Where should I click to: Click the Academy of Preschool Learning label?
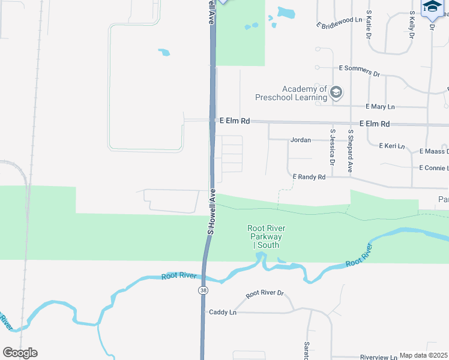pyautogui.click(x=291, y=93)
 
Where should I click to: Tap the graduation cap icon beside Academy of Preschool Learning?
pyautogui.click(x=336, y=92)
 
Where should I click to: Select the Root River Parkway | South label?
pyautogui.click(x=266, y=236)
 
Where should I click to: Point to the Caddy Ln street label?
pyautogui.click(x=223, y=313)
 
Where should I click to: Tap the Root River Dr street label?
pyautogui.click(x=264, y=293)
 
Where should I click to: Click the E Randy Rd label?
pyautogui.click(x=309, y=177)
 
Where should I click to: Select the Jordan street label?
pyautogui.click(x=301, y=140)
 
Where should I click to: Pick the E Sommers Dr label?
pyautogui.click(x=360, y=71)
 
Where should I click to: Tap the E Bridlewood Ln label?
pyautogui.click(x=339, y=23)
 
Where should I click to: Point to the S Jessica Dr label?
pyautogui.click(x=332, y=148)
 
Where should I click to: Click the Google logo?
pyautogui.click(x=20, y=353)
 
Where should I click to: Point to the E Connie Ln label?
pyautogui.click(x=433, y=167)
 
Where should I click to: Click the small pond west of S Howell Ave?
pyautogui.click(x=164, y=52)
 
